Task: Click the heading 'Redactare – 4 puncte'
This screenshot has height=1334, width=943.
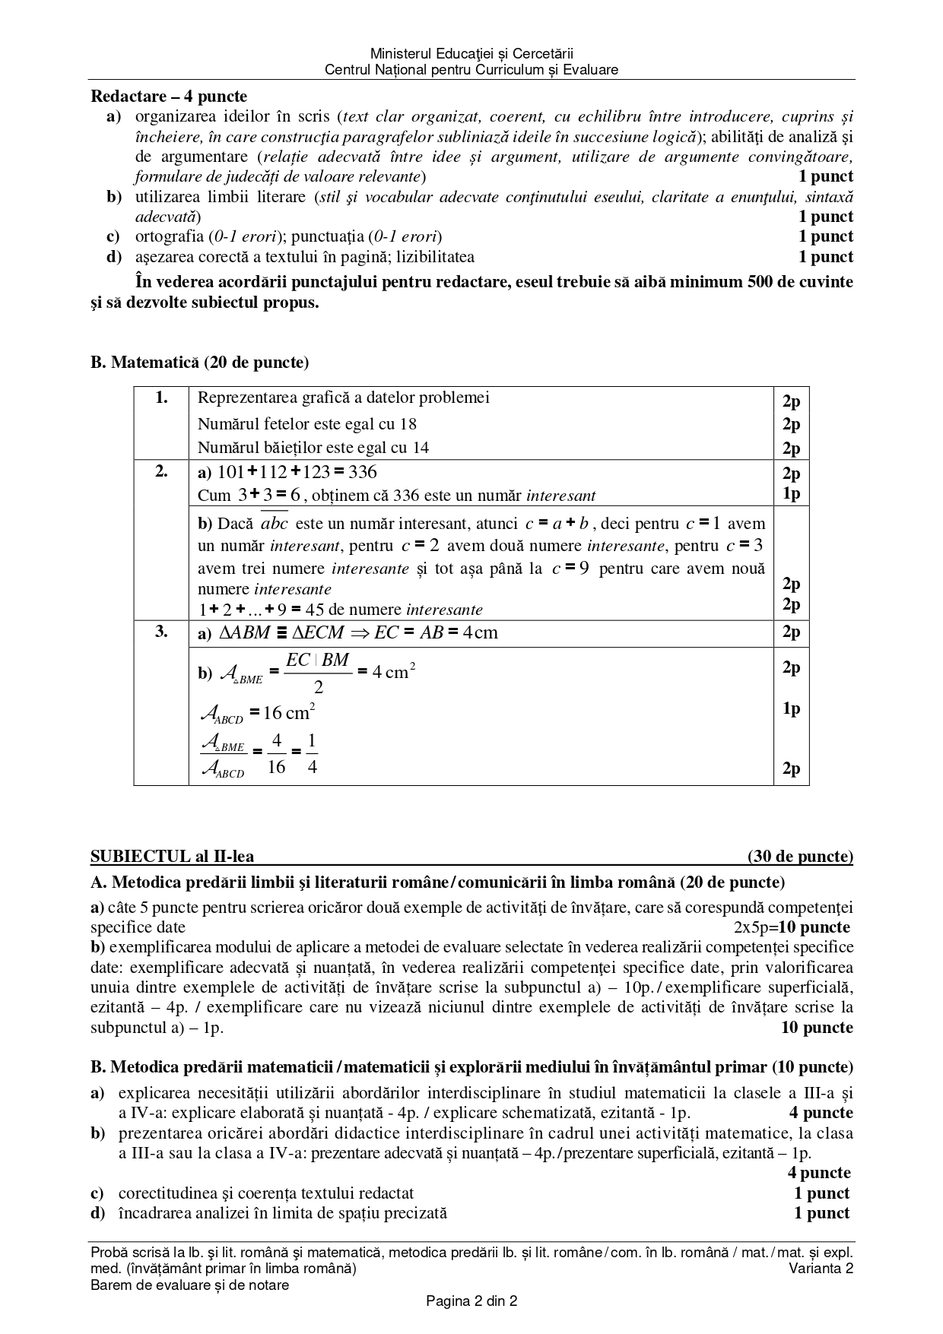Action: pyautogui.click(x=169, y=97)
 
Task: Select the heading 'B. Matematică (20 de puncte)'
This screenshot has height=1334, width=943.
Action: pyautogui.click(x=200, y=363)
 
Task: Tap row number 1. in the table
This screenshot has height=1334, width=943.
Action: pyautogui.click(x=161, y=398)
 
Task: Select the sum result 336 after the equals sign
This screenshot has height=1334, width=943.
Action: pyautogui.click(x=363, y=473)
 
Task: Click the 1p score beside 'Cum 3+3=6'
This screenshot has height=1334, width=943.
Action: pyautogui.click(x=791, y=493)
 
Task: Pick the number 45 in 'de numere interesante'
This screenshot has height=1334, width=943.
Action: pyautogui.click(x=314, y=610)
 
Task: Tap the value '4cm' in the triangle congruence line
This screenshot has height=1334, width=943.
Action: pyautogui.click(x=480, y=633)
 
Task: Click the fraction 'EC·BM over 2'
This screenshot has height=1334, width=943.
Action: pyautogui.click(x=318, y=673)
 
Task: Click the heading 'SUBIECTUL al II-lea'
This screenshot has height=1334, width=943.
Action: pyautogui.click(x=173, y=857)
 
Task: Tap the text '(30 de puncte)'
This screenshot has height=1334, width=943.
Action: pyautogui.click(x=800, y=857)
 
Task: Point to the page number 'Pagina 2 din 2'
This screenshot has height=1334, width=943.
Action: pyautogui.click(x=471, y=1301)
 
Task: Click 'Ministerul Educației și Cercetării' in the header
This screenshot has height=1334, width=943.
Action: pyautogui.click(x=471, y=54)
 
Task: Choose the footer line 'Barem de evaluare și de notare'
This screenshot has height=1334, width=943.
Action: pyautogui.click(x=189, y=1285)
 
